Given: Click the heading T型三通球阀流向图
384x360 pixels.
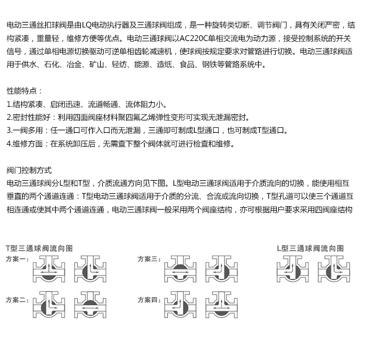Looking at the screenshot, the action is pyautogui.click(x=39, y=248).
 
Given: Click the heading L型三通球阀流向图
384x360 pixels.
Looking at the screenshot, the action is pyautogui.click(x=310, y=248).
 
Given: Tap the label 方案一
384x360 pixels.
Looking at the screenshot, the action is pyautogui.click(x=17, y=260).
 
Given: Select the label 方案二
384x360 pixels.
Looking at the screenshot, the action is pyautogui.click(x=17, y=300).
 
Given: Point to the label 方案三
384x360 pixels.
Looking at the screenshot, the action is pyautogui.click(x=149, y=260).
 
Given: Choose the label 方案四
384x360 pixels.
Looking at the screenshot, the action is pyautogui.click(x=149, y=300).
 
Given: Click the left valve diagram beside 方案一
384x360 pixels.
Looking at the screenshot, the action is pyautogui.click(x=48, y=270).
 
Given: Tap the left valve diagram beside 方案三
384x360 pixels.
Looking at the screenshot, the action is pyautogui.click(x=181, y=270).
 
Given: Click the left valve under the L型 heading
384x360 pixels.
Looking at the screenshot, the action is pyautogui.click(x=293, y=270).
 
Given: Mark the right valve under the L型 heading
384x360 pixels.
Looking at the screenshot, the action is pyautogui.click(x=334, y=270).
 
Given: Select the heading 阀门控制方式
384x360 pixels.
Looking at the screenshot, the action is pyautogui.click(x=29, y=170).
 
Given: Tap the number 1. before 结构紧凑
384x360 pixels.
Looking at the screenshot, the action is pyautogui.click(x=9, y=105).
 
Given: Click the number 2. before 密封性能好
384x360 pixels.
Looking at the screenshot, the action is pyautogui.click(x=9, y=118).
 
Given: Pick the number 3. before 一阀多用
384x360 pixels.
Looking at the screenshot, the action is pyautogui.click(x=9, y=131).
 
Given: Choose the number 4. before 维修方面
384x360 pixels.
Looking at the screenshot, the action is pyautogui.click(x=9, y=144).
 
